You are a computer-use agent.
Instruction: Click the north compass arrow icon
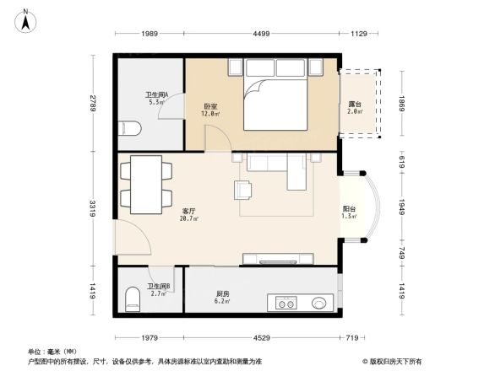(27, 19)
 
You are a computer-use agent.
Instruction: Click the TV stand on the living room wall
(279, 257)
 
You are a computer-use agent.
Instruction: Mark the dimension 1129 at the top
(358, 34)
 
